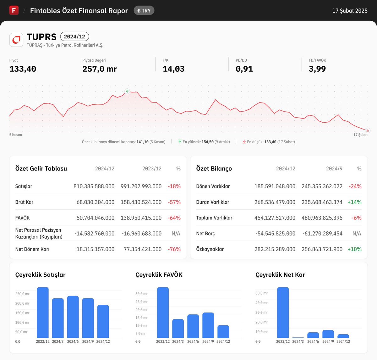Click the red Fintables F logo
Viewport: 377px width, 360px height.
coord(14,10)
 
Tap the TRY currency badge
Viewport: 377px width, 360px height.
coord(144,10)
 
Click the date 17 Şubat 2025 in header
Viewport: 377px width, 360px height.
coord(350,11)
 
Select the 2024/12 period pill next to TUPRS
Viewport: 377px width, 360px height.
coord(74,36)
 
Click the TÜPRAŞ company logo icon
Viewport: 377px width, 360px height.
coord(16,40)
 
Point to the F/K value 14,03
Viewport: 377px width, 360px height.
coord(173,69)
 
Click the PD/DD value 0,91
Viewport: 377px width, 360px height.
coord(244,69)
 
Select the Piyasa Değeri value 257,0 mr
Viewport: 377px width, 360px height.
coord(99,69)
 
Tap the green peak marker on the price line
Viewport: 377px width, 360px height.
coord(127,91)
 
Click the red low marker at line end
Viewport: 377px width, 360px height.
coord(368,130)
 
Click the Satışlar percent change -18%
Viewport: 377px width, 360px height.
coord(174,186)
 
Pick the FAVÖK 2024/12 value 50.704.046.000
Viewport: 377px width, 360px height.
coord(95,218)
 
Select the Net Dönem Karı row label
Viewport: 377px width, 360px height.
coord(32,249)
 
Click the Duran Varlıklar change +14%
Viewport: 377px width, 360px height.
coord(354,202)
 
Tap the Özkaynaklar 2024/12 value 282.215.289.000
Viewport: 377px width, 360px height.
coord(275,249)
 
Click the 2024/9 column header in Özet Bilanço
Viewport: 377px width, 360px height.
coord(334,169)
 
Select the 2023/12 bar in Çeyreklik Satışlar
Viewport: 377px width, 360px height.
coord(43,313)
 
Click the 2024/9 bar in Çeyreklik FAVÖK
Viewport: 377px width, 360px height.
coord(208,325)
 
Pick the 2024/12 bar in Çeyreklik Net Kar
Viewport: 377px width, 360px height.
coord(343,336)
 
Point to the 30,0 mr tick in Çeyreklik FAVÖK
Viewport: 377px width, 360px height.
coord(141,294)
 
